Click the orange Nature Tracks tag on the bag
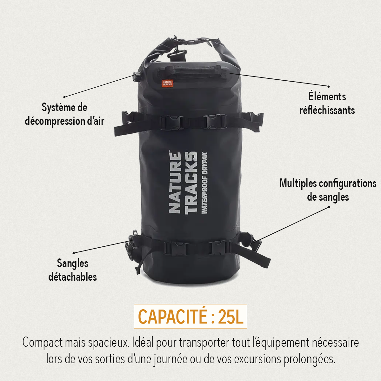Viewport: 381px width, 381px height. pos(167,84)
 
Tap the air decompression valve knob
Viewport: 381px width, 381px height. pos(137,76)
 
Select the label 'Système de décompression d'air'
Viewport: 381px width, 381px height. pos(64,115)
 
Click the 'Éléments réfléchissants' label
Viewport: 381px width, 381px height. pos(327,104)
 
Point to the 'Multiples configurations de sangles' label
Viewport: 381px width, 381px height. pos(328,190)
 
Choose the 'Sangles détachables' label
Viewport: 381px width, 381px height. pos(73,270)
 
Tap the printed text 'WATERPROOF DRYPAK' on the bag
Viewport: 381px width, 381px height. pos(204,183)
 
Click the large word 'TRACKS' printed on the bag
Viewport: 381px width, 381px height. pos(191,183)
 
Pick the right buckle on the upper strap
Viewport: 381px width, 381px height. pos(215,121)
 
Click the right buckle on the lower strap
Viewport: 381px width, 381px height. pos(221,247)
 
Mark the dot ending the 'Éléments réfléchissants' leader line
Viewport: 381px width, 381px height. pos(329,86)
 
